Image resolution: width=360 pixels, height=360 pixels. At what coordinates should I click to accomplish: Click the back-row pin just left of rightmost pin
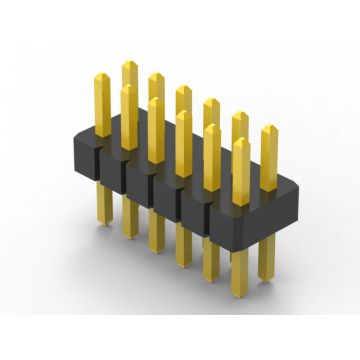click(x=239, y=119)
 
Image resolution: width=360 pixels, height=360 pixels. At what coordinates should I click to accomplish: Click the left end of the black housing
click(x=92, y=150)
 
